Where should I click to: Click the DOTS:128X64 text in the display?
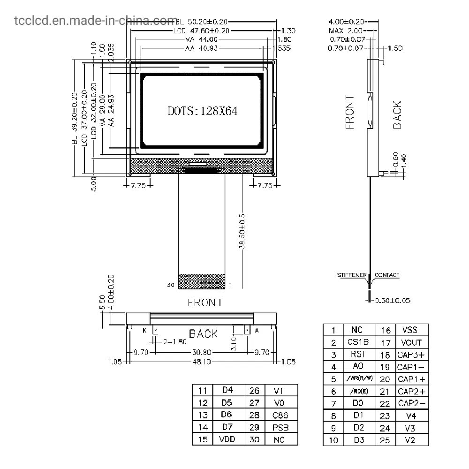click(203, 111)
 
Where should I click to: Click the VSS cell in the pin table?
click(406, 330)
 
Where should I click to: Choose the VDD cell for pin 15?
click(227, 439)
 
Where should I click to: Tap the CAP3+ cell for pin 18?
click(411, 355)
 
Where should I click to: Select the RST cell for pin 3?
click(358, 355)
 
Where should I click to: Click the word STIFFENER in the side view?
click(352, 275)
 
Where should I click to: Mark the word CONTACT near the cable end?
click(387, 275)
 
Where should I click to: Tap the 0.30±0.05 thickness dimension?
click(393, 300)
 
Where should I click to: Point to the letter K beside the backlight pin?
click(144, 331)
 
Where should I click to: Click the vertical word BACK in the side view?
click(397, 115)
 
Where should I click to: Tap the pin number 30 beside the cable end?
click(170, 284)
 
